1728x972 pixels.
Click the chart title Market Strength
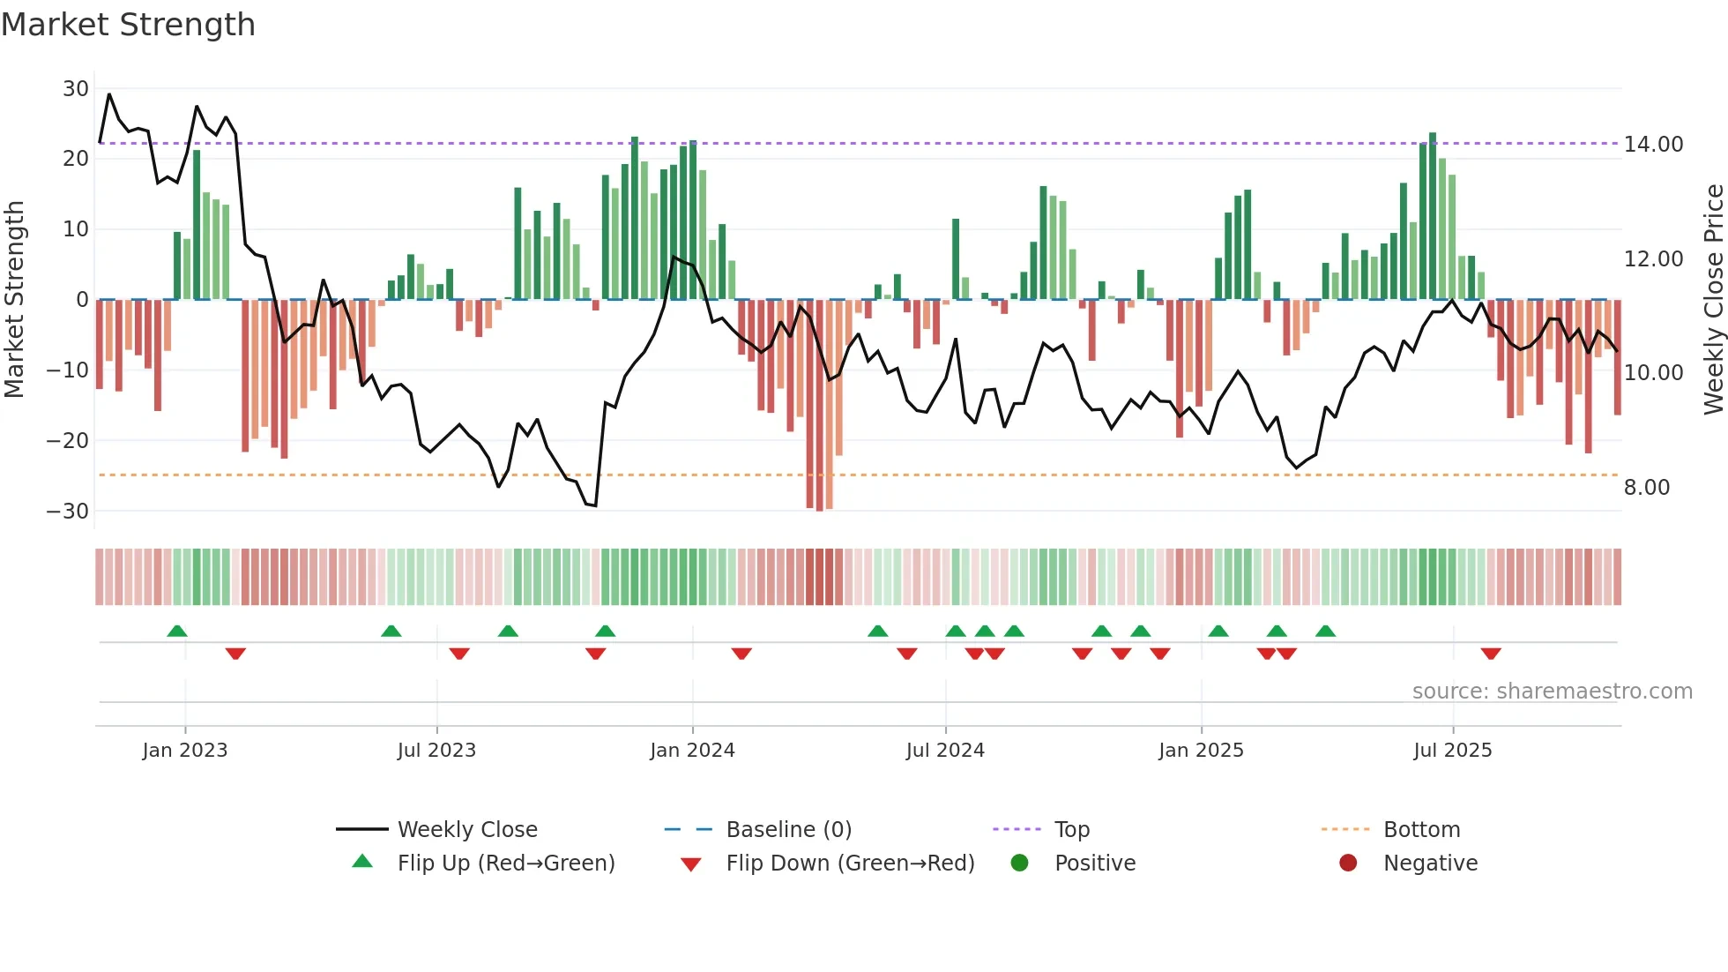pos(128,25)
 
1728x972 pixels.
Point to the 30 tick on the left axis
pos(76,89)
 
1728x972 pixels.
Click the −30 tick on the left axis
pos(68,512)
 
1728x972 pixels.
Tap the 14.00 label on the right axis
pos(1653,145)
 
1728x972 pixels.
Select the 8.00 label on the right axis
pos(1646,488)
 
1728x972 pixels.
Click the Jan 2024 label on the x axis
pos(692,751)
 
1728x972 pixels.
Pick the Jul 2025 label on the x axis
pos(1452,751)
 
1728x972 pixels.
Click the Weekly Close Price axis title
pos(1713,300)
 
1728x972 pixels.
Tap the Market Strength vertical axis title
pos(15,300)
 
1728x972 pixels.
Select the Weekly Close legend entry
pos(466,830)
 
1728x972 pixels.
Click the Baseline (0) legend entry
pos(788,830)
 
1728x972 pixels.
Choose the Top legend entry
pos(1072,830)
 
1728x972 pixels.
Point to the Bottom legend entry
pos(1421,830)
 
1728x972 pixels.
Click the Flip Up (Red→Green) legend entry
pos(505,864)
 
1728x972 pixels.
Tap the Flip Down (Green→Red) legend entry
pos(850,864)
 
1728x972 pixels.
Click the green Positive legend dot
pos(1020,864)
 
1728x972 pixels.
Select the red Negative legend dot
pos(1348,864)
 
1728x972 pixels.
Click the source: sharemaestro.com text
pos(1552,692)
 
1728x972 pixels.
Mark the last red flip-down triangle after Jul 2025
pos(1491,654)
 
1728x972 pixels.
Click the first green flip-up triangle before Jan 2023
pos(177,631)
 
